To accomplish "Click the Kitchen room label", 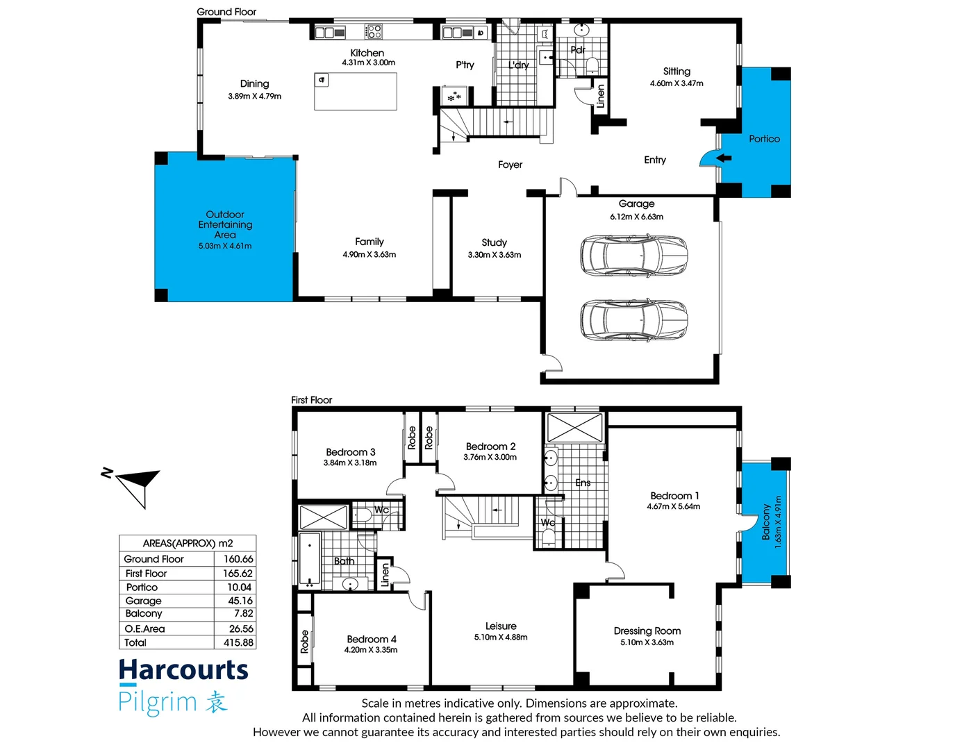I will point(367,53).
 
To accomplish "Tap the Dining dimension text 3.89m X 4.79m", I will point(254,97).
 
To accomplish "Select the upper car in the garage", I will point(633,255).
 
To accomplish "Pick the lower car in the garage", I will point(633,319).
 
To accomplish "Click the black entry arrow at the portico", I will point(724,158).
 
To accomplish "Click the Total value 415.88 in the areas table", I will point(238,643).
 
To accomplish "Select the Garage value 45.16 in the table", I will point(240,601).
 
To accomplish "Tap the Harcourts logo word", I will point(183,670).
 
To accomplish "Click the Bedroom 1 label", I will point(674,496).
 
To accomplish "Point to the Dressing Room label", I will point(647,631).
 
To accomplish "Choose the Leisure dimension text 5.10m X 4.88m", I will point(501,637).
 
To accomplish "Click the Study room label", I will point(494,242).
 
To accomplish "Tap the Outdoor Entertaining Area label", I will point(225,224).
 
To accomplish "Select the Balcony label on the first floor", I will point(766,522).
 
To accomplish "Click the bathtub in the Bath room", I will point(310,560).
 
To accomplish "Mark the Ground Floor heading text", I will point(226,12).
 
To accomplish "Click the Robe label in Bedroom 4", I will point(304,642).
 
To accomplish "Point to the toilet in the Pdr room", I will point(592,65).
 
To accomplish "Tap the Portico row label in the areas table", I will point(142,587).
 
